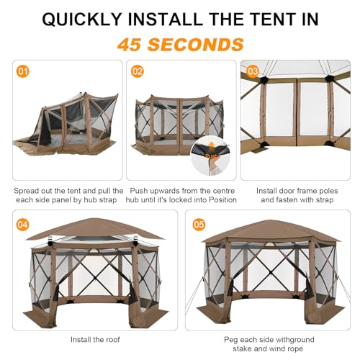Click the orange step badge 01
coord(24,71)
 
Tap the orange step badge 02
coord(137,71)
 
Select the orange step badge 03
coord(251,71)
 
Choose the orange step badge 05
coord(199,223)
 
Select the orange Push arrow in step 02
coord(210,153)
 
